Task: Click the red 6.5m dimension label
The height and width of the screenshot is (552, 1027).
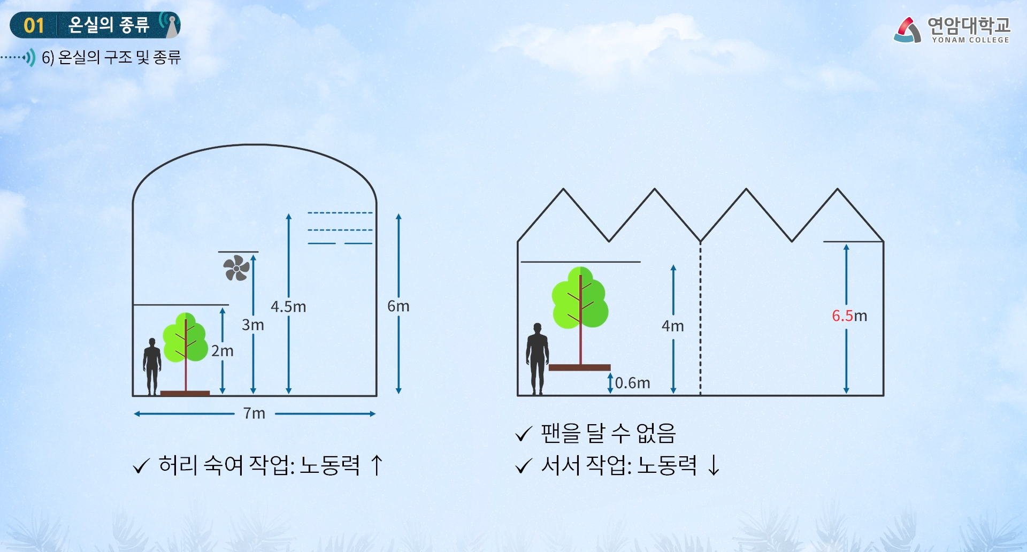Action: [x=849, y=316]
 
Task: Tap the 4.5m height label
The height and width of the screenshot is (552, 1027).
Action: [x=288, y=306]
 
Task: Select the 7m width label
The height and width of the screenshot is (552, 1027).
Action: [x=254, y=413]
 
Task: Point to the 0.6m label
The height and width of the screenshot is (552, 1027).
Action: [x=632, y=383]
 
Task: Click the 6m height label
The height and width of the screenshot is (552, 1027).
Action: [x=398, y=306]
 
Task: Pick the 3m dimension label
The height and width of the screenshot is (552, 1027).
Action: [x=252, y=325]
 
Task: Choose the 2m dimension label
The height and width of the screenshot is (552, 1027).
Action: [x=222, y=351]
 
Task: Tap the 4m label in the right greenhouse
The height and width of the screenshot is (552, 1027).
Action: [x=672, y=326]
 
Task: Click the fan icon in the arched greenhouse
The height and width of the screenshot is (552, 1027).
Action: [x=236, y=268]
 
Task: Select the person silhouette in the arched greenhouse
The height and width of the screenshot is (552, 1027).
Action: [x=152, y=366]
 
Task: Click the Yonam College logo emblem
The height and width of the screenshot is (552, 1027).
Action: [x=908, y=29]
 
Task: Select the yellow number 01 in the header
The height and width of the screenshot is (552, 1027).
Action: [x=34, y=25]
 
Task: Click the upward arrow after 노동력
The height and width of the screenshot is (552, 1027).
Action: [x=377, y=465]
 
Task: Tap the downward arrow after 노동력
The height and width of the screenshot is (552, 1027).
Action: [x=714, y=465]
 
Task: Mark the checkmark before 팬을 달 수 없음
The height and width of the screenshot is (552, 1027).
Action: [x=524, y=434]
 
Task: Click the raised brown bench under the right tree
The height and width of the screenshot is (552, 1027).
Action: [x=579, y=367]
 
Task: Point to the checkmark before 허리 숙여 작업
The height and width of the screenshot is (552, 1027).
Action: [x=141, y=466]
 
